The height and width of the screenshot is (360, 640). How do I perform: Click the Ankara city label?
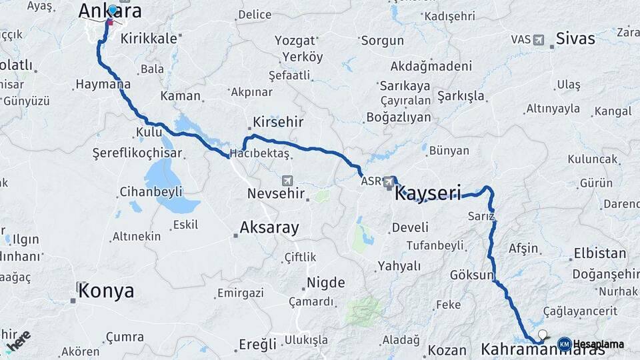click(110, 11)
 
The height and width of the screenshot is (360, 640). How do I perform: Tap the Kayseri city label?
click(428, 194)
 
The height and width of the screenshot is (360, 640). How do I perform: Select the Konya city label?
click(106, 291)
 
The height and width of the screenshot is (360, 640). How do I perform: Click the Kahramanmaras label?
click(533, 349)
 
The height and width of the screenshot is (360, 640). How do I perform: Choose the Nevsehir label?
click(276, 194)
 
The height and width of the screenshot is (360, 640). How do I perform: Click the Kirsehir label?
click(278, 122)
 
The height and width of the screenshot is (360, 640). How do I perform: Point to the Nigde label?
click(326, 283)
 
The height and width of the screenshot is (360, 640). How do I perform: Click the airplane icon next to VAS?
click(539, 39)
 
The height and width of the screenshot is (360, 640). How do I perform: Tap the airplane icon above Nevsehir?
click(287, 180)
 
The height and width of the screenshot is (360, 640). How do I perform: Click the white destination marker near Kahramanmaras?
click(543, 335)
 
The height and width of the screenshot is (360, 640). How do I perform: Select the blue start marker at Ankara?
click(113, 10)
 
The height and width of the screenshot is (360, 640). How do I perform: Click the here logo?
click(17, 341)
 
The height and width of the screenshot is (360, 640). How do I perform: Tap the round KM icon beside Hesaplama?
click(564, 344)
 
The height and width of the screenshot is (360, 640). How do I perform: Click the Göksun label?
click(472, 275)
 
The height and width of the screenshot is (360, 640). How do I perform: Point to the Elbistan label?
click(599, 254)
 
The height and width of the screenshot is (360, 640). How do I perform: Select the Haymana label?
click(103, 85)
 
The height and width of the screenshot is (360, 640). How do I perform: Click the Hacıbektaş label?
click(259, 154)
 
